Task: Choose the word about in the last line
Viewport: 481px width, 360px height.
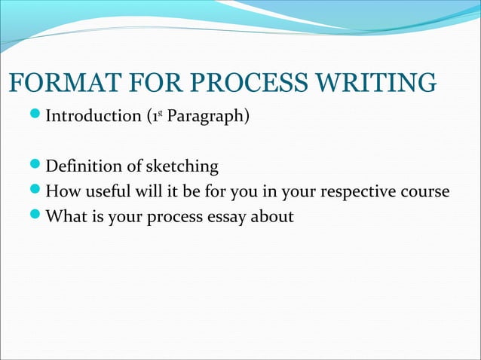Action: (x=274, y=216)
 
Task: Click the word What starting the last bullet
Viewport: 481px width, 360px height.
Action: (x=66, y=216)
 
